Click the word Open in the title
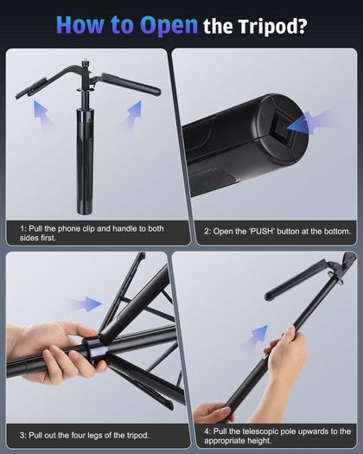[x=169, y=25]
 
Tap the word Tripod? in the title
[x=273, y=26]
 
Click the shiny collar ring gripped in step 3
[x=96, y=351]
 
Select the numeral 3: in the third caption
[x=23, y=435]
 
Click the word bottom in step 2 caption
[x=337, y=232]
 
